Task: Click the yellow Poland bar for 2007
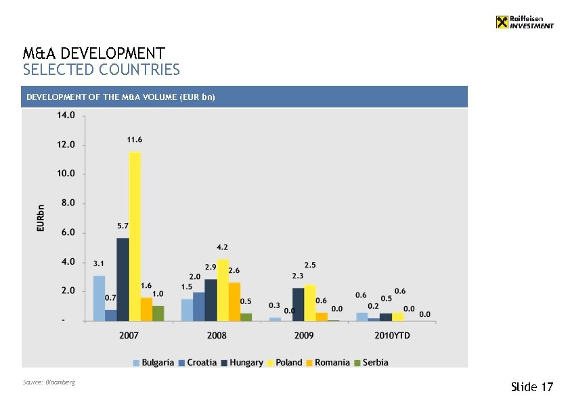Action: [x=135, y=236]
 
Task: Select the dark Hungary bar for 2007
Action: [x=123, y=279]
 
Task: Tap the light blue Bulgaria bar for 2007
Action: [x=99, y=298]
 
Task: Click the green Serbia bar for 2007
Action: [x=158, y=313]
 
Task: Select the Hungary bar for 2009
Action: [x=298, y=304]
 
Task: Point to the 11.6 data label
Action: [x=135, y=140]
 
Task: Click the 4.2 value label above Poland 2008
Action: [x=222, y=247]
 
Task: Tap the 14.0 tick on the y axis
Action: [x=66, y=116]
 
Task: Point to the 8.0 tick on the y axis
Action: [x=66, y=203]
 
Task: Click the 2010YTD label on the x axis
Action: [x=392, y=335]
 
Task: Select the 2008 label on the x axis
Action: [x=217, y=335]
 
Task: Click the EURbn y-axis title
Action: [x=41, y=218]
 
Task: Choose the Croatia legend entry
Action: [x=197, y=363]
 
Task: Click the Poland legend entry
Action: [x=284, y=363]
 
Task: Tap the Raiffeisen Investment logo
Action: [x=524, y=22]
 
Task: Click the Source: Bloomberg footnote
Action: [x=49, y=382]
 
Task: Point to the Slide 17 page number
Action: [x=532, y=387]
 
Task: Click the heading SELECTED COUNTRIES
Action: [x=102, y=70]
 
